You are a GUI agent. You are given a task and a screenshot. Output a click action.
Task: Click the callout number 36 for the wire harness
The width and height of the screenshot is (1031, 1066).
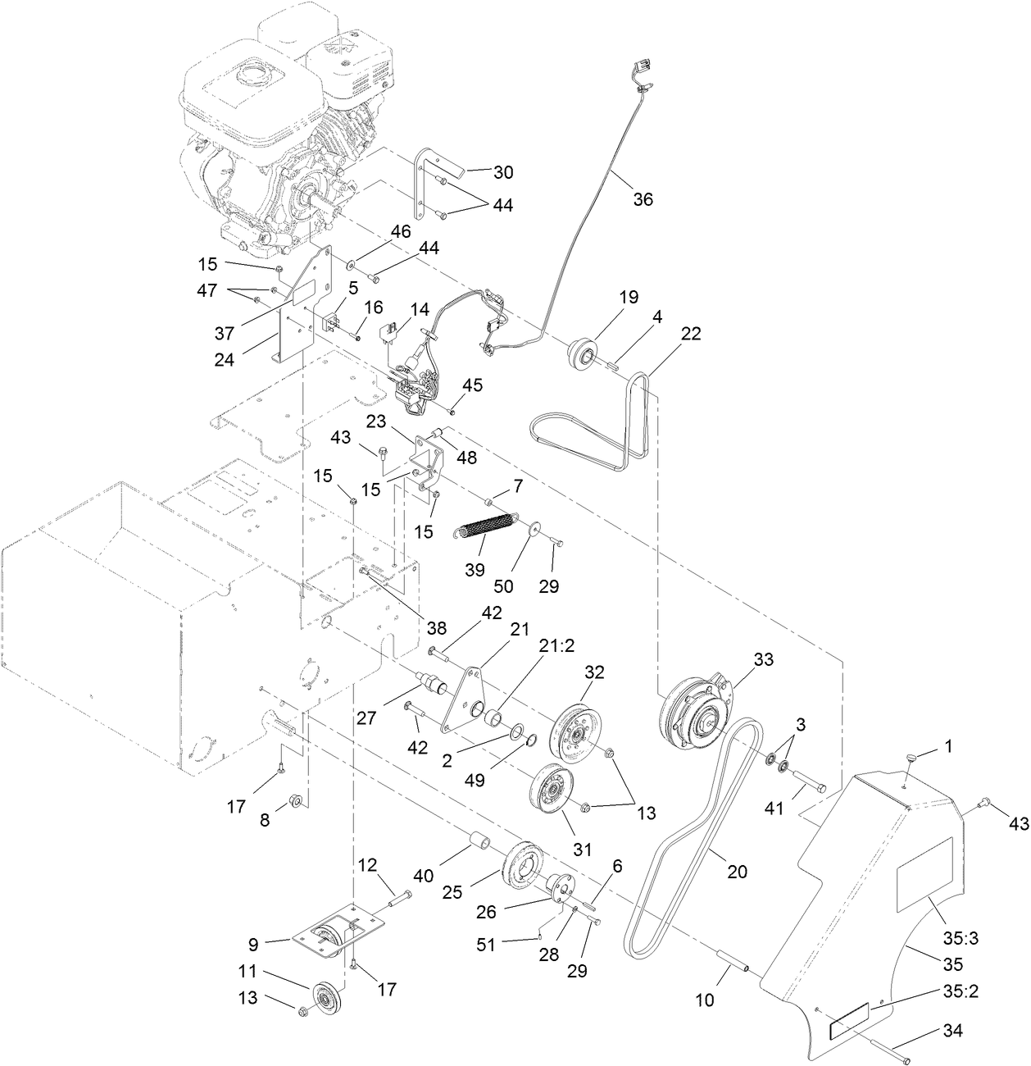click(x=643, y=199)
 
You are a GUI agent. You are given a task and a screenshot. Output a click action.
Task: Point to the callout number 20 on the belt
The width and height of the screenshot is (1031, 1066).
click(x=738, y=872)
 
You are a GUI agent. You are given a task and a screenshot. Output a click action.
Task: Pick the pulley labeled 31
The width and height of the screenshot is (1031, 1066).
click(x=552, y=791)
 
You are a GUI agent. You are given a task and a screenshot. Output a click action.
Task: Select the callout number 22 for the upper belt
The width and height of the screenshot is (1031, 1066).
click(x=691, y=333)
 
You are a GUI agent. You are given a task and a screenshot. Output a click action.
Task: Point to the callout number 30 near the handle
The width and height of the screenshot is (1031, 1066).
click(x=503, y=172)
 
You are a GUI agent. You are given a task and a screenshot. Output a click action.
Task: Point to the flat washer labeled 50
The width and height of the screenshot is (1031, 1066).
click(x=534, y=529)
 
